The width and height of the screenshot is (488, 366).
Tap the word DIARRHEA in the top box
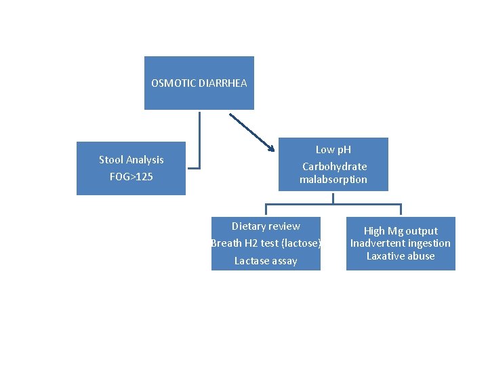(x=223, y=83)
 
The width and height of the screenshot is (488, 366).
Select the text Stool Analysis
(x=131, y=160)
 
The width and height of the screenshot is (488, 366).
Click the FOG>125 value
(x=131, y=177)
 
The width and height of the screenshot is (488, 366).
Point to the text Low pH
(x=333, y=149)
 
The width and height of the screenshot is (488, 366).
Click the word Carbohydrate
(x=334, y=166)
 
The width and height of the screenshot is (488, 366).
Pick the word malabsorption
(x=333, y=180)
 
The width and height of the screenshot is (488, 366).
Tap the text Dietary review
(x=266, y=226)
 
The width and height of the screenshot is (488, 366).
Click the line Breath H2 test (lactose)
(x=266, y=243)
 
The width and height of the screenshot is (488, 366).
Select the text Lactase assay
(x=266, y=261)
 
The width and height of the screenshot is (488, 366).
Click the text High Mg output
(x=401, y=231)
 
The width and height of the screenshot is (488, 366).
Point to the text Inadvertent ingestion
(x=401, y=243)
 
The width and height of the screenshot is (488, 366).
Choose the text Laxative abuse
(x=401, y=256)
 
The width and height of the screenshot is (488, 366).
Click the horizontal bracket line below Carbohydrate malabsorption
(x=333, y=203)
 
